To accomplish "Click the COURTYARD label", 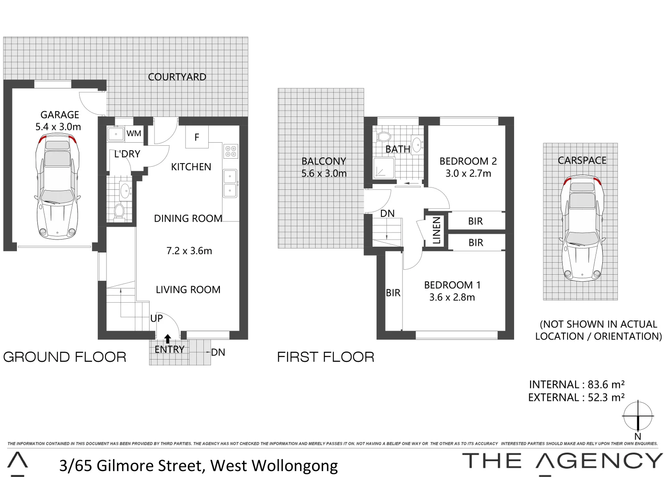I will (x=177, y=77).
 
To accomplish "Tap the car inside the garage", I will (x=57, y=187).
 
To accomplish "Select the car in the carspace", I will (x=582, y=228).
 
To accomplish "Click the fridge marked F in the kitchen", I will (x=197, y=137).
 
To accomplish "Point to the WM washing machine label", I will (x=134, y=133).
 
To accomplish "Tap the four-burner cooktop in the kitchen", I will (x=231, y=151).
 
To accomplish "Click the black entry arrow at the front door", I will (x=168, y=340).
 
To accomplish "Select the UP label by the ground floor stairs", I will (x=156, y=318).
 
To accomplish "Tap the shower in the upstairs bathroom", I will (x=383, y=168).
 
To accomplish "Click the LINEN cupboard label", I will (x=436, y=231).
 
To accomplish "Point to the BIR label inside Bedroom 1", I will (x=393, y=293).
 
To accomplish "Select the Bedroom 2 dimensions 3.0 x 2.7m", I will (x=468, y=173).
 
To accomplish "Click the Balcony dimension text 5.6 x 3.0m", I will (x=324, y=173).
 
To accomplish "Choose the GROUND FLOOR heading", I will (x=65, y=357).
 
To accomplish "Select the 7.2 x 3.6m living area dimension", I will (x=189, y=251).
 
